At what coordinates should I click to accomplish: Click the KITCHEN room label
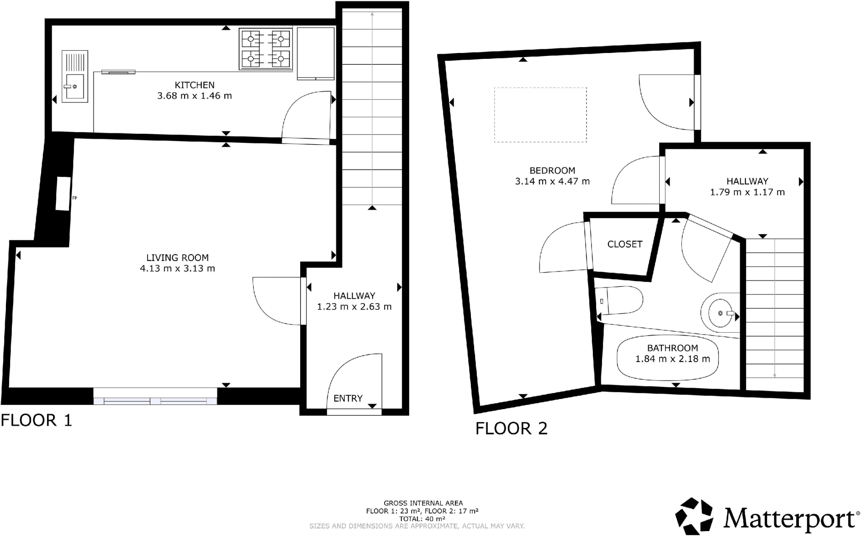click(194, 85)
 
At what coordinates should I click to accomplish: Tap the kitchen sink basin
click(74, 86)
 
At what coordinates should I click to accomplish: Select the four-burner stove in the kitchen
click(266, 48)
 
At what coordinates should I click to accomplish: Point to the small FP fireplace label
click(75, 198)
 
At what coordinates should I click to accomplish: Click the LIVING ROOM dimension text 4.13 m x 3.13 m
click(177, 268)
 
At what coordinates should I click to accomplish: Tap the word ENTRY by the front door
click(348, 398)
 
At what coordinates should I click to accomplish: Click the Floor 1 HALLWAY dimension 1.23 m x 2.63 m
click(354, 307)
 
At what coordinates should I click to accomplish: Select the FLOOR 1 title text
click(37, 420)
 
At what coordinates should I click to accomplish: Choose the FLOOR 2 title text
click(511, 429)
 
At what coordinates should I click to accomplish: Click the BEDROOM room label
click(552, 170)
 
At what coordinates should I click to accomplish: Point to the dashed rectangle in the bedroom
click(540, 114)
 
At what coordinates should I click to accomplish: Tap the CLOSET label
click(625, 244)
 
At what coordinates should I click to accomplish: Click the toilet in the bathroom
click(620, 300)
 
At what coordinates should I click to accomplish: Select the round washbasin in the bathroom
click(721, 313)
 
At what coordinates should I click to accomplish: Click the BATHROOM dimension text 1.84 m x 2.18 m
click(672, 359)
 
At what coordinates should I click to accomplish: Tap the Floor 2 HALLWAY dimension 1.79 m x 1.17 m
click(747, 192)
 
